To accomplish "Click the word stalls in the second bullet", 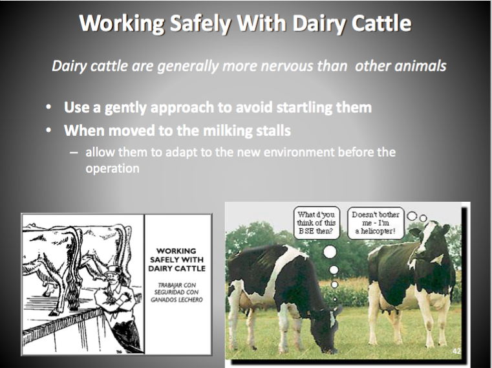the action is [x=273, y=130].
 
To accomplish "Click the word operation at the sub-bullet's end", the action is [x=112, y=169].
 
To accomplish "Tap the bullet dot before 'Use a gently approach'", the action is [x=48, y=107].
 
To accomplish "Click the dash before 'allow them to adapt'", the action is [x=74, y=153].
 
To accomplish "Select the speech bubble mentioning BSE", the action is [x=316, y=222].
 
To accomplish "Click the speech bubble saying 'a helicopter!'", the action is [x=376, y=223].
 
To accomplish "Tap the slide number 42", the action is [x=456, y=351].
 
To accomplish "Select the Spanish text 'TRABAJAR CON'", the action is [x=177, y=285].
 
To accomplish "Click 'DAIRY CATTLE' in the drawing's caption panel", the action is [x=177, y=268].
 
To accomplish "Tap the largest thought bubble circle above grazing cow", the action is [x=330, y=252].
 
